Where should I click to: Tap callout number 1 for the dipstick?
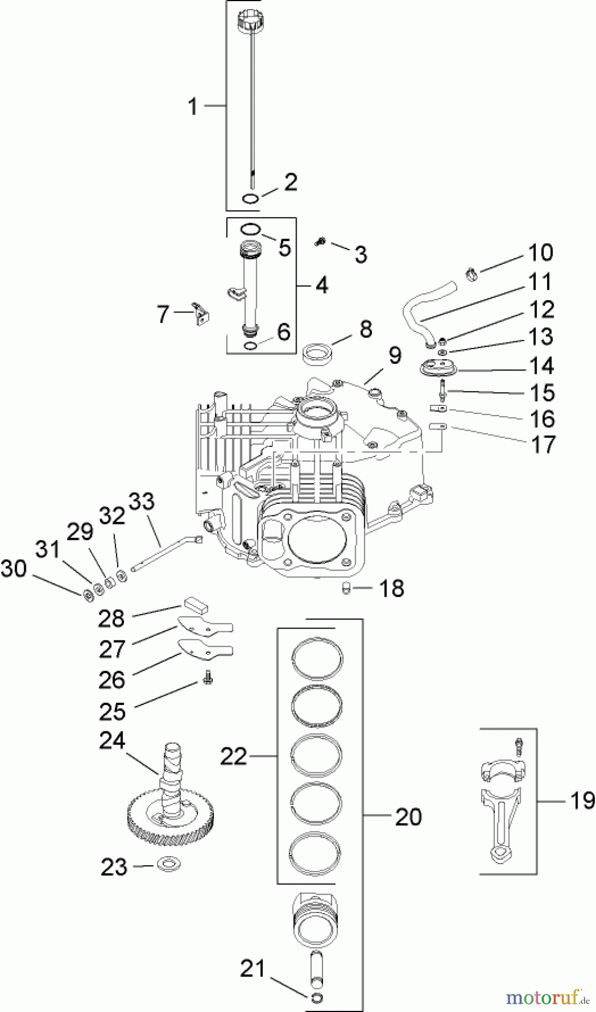tap(193, 106)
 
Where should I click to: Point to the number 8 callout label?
tap(366, 329)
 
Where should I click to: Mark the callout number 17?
tap(544, 445)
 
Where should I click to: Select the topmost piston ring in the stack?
tap(317, 657)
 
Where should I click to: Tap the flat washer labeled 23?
tap(167, 862)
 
